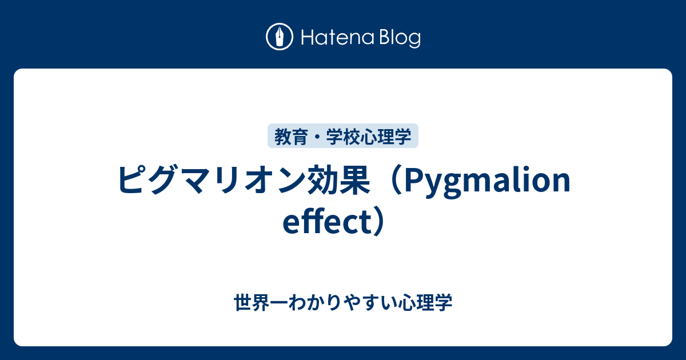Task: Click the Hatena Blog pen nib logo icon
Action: (280, 38)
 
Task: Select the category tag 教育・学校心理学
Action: (343, 137)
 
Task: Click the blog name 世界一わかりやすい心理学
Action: (343, 303)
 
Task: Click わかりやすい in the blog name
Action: (343, 303)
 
